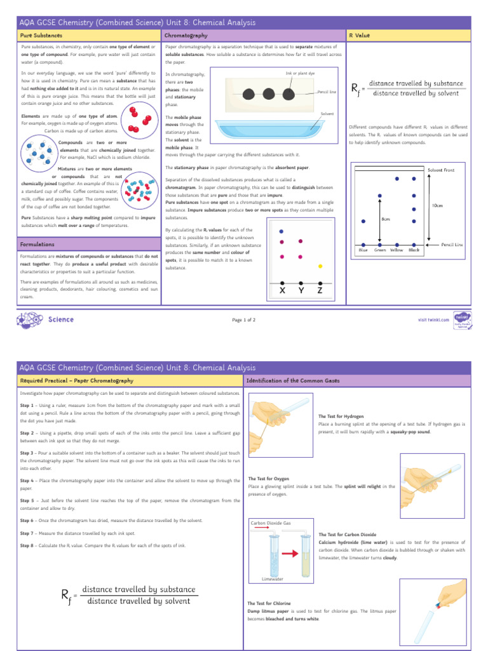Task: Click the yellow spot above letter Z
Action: point(320,266)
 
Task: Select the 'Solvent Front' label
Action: point(441,170)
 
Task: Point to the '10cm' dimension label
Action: point(438,205)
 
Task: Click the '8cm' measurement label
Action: point(385,219)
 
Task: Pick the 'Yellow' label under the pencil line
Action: point(396,250)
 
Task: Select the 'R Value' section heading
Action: point(360,35)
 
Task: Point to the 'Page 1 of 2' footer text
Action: point(244,320)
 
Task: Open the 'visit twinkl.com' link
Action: point(433,320)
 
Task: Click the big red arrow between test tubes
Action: point(291,554)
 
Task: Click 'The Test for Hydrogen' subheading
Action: point(341,416)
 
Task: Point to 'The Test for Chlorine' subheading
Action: point(270,603)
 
